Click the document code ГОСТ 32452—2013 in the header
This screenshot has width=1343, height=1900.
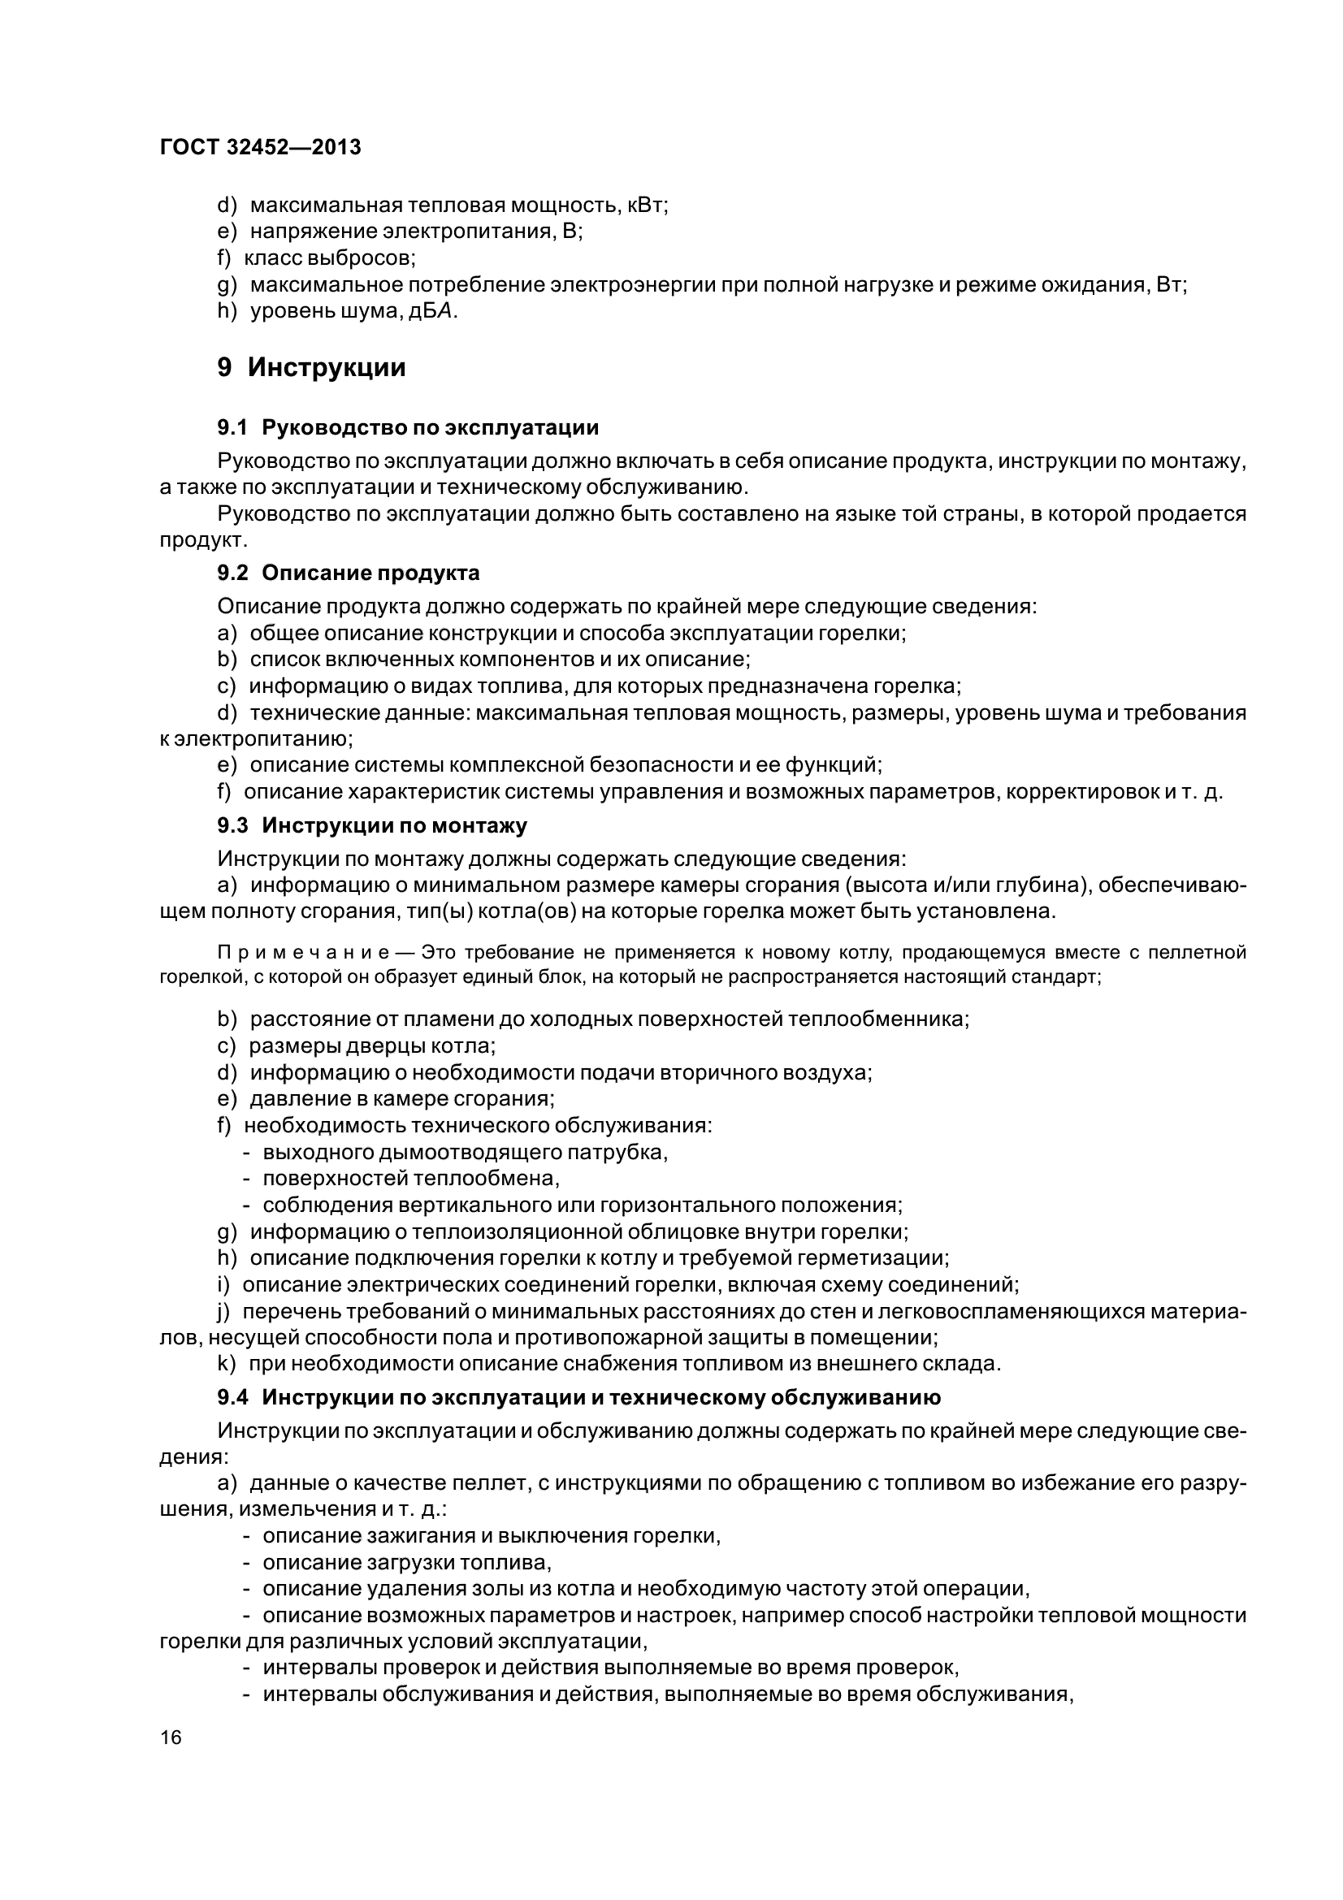261,147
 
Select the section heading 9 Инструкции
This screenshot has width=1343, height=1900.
311,367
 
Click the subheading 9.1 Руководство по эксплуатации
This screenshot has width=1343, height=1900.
408,428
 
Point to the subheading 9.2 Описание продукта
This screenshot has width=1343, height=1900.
349,573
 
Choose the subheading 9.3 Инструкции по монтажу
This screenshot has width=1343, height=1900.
372,825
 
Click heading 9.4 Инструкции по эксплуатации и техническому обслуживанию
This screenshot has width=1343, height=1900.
579,1398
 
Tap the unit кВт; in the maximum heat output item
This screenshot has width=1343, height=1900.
648,206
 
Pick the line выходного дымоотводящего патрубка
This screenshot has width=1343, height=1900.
464,1151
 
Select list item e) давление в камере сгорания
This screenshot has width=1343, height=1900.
386,1098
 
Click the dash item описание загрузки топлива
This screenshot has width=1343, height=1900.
406,1562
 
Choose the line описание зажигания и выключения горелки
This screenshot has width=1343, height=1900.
492,1536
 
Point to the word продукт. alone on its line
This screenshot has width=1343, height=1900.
203,540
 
